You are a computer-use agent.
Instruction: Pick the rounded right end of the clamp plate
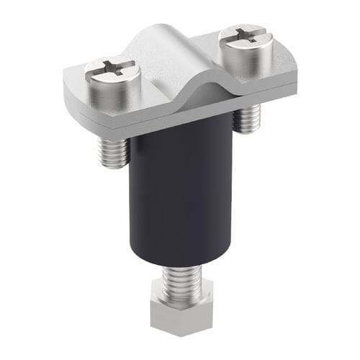tap(288, 76)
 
